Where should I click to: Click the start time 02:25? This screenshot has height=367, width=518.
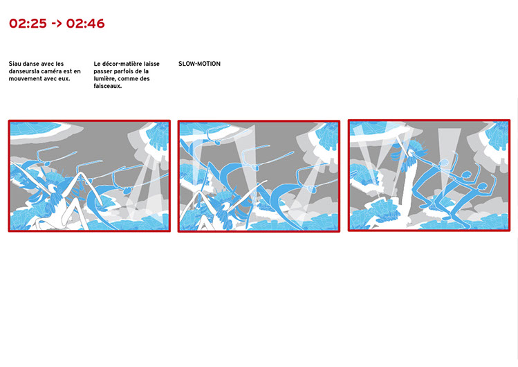click(x=28, y=24)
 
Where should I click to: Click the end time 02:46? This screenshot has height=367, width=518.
click(x=85, y=24)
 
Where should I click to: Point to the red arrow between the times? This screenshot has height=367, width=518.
click(x=57, y=24)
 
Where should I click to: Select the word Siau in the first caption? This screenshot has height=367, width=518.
click(x=15, y=64)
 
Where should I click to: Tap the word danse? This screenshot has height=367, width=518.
click(x=30, y=64)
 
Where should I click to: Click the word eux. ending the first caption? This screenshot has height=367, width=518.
click(x=65, y=79)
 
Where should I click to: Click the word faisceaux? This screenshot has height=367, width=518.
click(x=108, y=86)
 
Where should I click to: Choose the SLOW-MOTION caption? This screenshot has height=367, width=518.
click(x=200, y=64)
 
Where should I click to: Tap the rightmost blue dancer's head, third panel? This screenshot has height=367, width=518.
click(x=482, y=187)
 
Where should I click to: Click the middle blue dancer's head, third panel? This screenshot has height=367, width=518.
click(x=466, y=174)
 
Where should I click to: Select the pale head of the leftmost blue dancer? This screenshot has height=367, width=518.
click(x=444, y=163)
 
